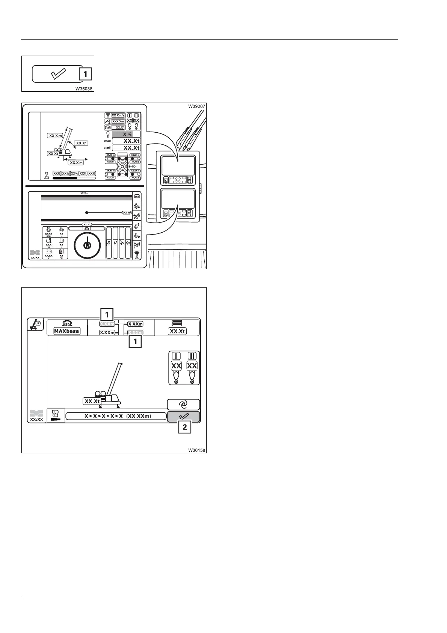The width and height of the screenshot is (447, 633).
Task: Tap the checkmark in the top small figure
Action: point(58,74)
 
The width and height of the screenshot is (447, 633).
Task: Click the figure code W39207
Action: point(197,106)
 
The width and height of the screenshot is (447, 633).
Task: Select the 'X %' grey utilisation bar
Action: point(126,134)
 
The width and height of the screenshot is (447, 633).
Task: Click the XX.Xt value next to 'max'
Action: point(126,141)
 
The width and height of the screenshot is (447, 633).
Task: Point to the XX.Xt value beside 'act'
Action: point(126,148)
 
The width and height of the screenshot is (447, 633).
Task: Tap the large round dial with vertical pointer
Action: point(87,245)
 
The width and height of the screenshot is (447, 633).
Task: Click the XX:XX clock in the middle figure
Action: point(35,257)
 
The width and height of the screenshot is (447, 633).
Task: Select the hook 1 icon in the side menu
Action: point(137,226)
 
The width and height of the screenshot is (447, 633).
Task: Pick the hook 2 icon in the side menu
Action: point(137,236)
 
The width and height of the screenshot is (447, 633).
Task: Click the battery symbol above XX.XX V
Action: point(48,251)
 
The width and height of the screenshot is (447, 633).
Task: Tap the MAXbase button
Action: point(67,331)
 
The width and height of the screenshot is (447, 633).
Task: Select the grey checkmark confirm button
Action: point(184,416)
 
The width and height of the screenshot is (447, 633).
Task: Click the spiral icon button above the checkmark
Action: point(183,404)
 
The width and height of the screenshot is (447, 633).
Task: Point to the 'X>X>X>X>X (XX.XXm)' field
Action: point(116,416)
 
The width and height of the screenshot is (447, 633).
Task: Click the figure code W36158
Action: point(197,450)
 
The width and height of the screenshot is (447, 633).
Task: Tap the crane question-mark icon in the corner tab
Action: point(36,324)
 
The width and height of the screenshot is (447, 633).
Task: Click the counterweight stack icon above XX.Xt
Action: point(177,323)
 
